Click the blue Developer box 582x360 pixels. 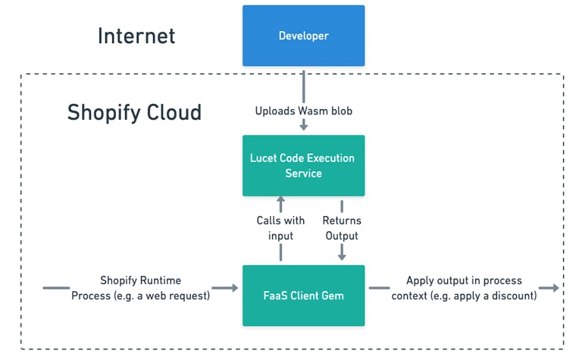[304, 36]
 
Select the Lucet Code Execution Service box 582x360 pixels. [304, 165]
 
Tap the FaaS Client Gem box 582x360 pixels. [304, 296]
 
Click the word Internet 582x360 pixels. [136, 36]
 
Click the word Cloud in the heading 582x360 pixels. [174, 112]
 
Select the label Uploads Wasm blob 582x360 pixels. [304, 111]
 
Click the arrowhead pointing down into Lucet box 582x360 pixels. [304, 127]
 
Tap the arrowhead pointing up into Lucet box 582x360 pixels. [280, 199]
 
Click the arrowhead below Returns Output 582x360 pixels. [342, 257]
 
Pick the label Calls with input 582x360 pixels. [280, 228]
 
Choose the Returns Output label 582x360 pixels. [342, 228]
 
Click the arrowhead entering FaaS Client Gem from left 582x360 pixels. [234, 288]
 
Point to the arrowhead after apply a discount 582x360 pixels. [555, 288]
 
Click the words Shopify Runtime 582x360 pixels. [141, 280]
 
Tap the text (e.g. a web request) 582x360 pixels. [162, 296]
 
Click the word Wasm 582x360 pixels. [313, 111]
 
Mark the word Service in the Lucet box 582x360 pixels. [304, 174]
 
